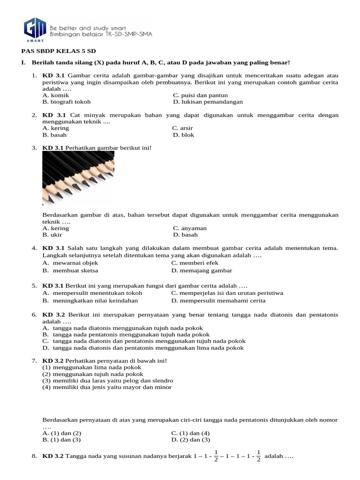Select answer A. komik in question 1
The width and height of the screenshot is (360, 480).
click(x=56, y=95)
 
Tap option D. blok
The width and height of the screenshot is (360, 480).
click(x=183, y=135)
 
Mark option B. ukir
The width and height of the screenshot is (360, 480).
click(x=53, y=235)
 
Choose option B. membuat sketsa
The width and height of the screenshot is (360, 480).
click(x=70, y=270)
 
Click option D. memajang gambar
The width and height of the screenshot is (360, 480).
click(x=202, y=270)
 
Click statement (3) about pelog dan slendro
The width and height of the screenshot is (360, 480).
click(x=108, y=381)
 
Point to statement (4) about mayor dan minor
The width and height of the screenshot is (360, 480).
click(x=107, y=387)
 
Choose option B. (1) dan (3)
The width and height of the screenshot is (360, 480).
click(x=61, y=440)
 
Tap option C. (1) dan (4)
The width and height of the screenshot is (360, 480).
click(x=190, y=433)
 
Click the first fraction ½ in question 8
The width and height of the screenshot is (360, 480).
click(x=216, y=456)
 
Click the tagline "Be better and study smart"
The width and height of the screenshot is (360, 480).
click(x=88, y=28)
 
